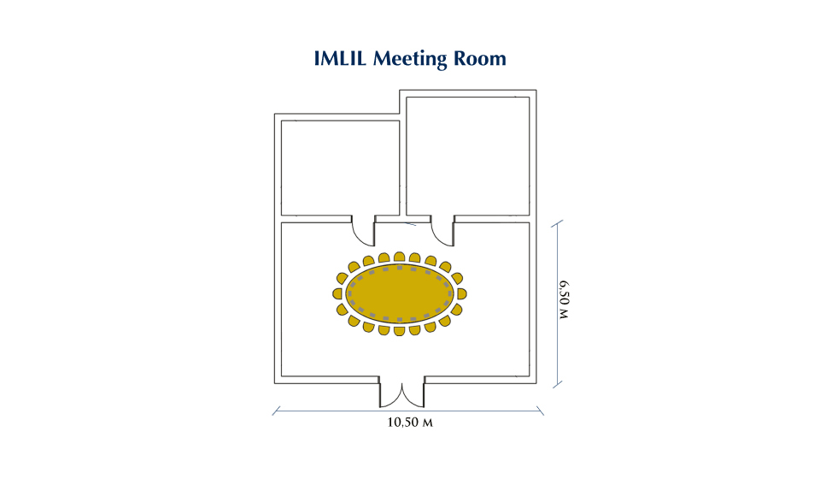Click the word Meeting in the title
click(x=410, y=59)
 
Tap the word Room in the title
click(x=480, y=58)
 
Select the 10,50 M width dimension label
click(x=410, y=422)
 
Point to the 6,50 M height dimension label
click(x=564, y=299)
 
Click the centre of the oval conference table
click(x=400, y=293)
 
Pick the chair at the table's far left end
click(x=337, y=293)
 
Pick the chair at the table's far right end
click(x=462, y=293)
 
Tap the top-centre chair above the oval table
click(x=400, y=257)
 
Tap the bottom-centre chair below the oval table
click(x=400, y=331)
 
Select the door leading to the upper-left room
click(x=364, y=231)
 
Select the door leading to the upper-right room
click(x=443, y=231)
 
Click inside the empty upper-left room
click(x=341, y=168)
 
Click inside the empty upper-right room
click(x=468, y=156)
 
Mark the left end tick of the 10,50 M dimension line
click(x=276, y=411)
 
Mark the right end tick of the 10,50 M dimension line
click(x=540, y=411)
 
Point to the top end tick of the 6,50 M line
click(x=558, y=224)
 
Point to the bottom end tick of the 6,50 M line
click(x=558, y=384)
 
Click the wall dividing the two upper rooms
click(x=403, y=157)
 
